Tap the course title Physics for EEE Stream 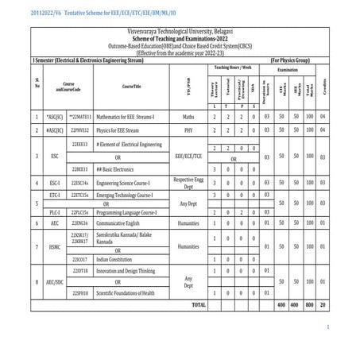click(120, 128)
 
